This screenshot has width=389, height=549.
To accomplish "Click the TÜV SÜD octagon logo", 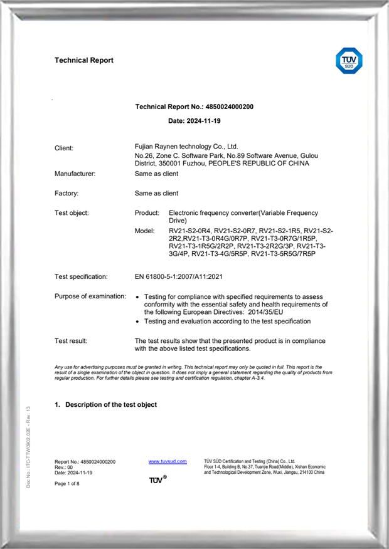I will pos(349,61).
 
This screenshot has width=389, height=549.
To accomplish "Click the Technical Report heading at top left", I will pos(84,60).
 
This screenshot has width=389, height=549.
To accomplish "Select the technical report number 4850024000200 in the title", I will pos(229,107).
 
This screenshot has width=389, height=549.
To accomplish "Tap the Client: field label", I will pos(64,148).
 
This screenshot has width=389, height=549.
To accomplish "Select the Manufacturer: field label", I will pos(75,174).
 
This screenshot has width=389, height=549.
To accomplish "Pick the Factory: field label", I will pos(67,194).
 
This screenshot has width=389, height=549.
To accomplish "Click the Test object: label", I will pos(72,213).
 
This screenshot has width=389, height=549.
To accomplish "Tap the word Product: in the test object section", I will pos(147,213).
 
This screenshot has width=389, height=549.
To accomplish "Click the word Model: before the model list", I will pos(144,231).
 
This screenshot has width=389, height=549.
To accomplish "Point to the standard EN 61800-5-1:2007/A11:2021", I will pos(179,276).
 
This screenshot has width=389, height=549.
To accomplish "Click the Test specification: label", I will pos(81,276).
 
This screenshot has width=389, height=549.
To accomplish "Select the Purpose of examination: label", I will pos(90,296).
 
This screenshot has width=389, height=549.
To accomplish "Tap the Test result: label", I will pos(71,341).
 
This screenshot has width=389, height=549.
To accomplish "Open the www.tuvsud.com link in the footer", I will pos(168,461).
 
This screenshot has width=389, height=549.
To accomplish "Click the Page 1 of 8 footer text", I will pos(67,484).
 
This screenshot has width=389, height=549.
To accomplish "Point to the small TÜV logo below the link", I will pos(157,480).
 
